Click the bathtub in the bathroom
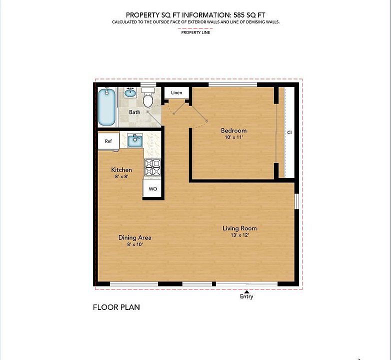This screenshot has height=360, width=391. [x=106, y=107]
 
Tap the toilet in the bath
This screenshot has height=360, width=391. [x=148, y=98]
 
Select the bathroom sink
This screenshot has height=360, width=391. [x=129, y=93]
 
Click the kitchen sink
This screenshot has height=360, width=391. [x=134, y=140]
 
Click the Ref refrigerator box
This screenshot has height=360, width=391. [x=108, y=141]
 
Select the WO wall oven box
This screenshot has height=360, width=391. [x=152, y=189]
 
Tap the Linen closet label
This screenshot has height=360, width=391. [x=176, y=93]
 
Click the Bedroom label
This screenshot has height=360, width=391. [x=233, y=131]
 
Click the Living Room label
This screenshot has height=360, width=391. [x=239, y=228]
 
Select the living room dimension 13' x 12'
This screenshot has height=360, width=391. [x=239, y=235]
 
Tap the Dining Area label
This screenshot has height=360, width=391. [x=134, y=237]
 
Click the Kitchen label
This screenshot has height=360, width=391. [x=121, y=170]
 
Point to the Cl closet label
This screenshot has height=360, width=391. [x=289, y=132]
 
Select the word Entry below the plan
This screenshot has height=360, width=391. [x=246, y=296]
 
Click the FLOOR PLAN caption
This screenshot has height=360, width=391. [x=116, y=307]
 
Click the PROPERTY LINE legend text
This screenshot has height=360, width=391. [x=195, y=32]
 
